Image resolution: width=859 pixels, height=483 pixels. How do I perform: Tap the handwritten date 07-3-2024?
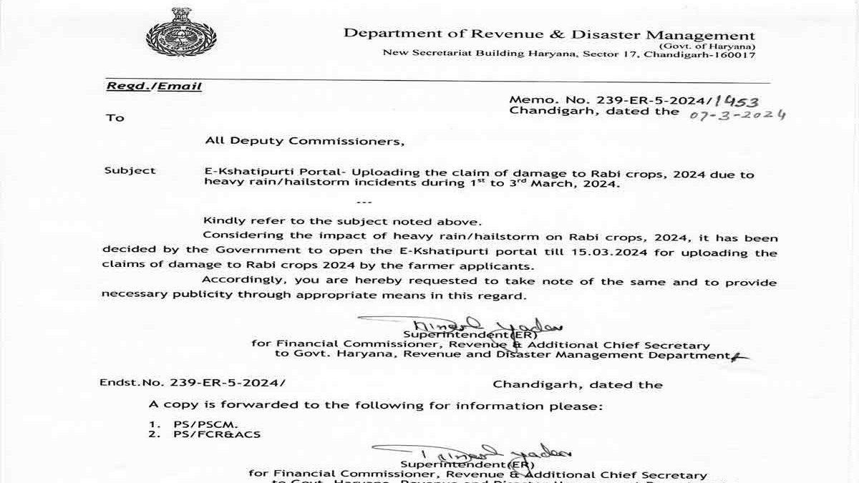click(737, 114)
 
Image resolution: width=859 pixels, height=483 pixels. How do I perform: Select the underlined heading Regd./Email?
click(154, 86)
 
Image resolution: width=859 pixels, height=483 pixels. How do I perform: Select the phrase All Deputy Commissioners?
click(304, 141)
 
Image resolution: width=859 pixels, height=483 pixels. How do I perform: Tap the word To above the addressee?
click(115, 118)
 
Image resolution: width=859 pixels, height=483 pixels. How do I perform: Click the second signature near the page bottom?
click(472, 452)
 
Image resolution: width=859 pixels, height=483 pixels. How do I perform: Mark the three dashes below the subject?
click(364, 203)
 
